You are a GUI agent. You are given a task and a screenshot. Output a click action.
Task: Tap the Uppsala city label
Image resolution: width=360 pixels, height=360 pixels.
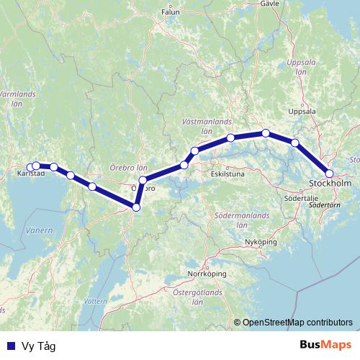click(302, 112)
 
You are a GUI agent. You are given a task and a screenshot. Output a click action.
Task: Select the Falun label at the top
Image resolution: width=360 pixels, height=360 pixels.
click(170, 12)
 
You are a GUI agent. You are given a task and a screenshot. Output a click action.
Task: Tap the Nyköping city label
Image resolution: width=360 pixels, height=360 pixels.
click(261, 243)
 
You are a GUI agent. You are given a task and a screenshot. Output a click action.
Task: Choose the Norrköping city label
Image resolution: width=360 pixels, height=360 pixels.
click(207, 274)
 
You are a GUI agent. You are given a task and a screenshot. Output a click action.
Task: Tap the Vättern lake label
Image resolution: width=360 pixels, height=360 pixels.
click(94, 300)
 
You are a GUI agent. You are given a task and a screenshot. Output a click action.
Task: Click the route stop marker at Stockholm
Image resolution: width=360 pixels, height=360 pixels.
click(329, 173)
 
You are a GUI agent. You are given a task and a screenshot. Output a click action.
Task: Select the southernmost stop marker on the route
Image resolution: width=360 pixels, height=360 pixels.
click(135, 207)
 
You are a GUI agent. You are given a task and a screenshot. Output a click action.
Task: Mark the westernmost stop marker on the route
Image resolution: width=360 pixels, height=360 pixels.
click(29, 166)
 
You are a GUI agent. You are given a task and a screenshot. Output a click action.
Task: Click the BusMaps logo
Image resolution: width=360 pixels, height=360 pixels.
click(327, 346)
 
